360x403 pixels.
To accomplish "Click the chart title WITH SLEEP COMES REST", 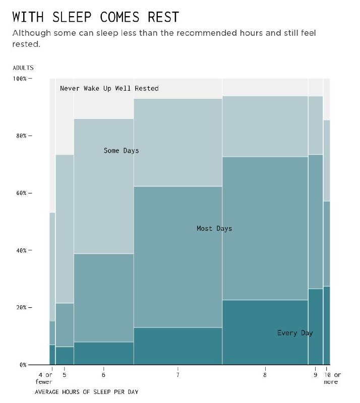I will coord(95,17).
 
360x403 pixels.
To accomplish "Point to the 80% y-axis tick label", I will coord(23,136).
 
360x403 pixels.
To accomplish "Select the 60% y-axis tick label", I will coord(23,193).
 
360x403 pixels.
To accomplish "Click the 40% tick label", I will coord(23,250).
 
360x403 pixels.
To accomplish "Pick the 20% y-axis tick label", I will coord(23,308).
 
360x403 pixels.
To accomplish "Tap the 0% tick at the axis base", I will coord(23,365).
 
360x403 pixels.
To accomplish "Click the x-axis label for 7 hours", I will coord(178,375).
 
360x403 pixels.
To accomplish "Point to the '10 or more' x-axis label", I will coord(332,378).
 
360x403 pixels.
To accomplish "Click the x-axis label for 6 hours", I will coord(103,375).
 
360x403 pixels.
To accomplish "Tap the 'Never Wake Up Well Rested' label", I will coord(109,89).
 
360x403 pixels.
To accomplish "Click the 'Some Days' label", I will coord(121,151).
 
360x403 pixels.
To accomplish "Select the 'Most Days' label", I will coord(214,229).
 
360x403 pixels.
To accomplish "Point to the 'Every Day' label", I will coord(295,333).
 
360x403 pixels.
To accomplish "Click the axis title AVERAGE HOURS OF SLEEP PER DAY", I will coord(86,391).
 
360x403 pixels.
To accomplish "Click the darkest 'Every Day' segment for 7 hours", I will coord(178,346).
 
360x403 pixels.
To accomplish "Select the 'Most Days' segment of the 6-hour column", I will coord(103,298).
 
